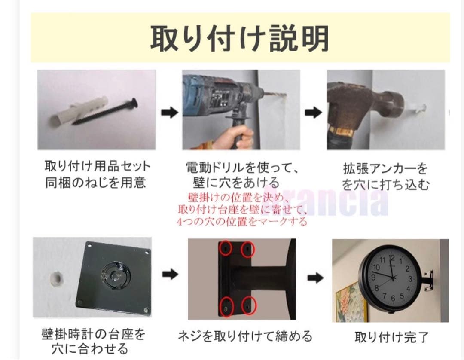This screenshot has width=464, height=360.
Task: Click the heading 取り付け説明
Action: (x=240, y=38)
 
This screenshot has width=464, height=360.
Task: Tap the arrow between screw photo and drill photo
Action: (x=170, y=113)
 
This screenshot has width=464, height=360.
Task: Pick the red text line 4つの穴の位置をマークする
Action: (x=242, y=222)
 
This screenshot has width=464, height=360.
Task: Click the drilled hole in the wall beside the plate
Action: (x=56, y=278)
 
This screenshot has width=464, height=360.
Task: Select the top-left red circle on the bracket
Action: (x=226, y=248)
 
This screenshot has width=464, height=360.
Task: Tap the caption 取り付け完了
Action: (x=391, y=337)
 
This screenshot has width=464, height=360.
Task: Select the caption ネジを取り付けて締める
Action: (x=245, y=336)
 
